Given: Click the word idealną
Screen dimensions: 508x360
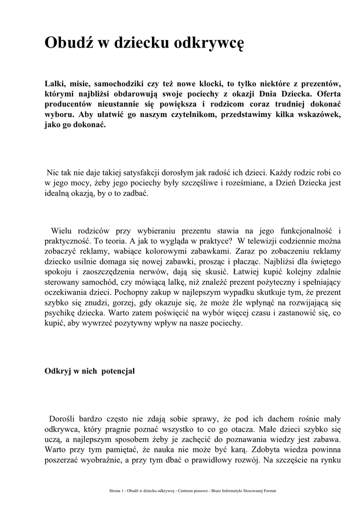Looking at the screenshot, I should (x=61, y=194).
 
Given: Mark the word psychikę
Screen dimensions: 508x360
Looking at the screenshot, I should (x=61, y=314).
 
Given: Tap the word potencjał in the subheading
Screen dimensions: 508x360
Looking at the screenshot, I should (x=118, y=371).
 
